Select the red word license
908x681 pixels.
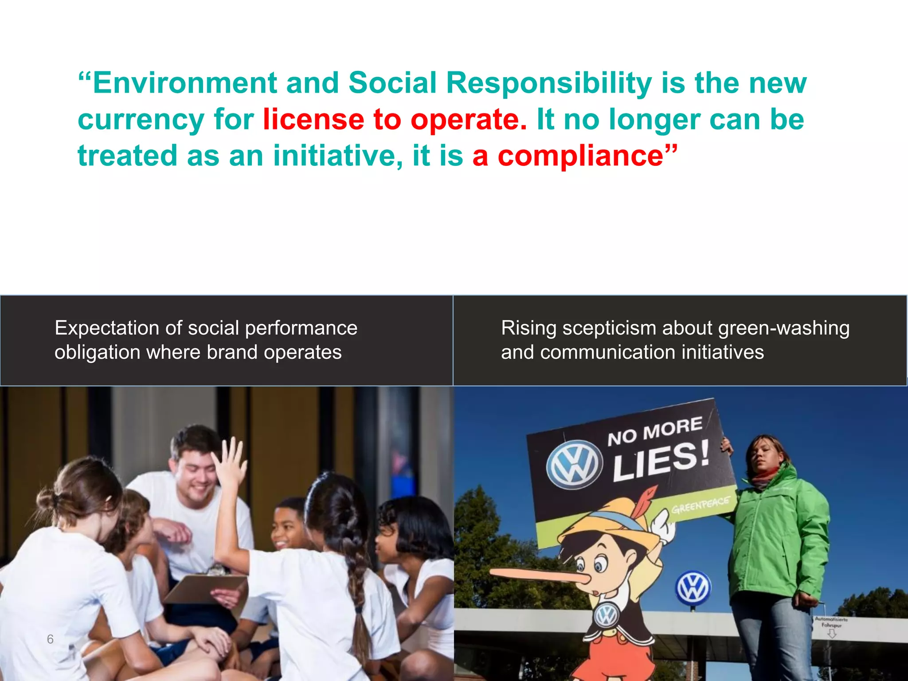coord(313,119)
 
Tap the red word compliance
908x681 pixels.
coord(580,156)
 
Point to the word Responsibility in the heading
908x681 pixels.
coord(549,84)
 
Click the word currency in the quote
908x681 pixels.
coord(141,120)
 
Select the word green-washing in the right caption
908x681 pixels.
coord(783,329)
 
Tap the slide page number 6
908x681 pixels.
coord(50,639)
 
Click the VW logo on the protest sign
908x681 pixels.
coord(574,465)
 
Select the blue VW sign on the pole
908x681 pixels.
coord(693,588)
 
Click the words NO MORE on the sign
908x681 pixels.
coord(654,431)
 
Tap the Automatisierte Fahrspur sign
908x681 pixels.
coord(831,622)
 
